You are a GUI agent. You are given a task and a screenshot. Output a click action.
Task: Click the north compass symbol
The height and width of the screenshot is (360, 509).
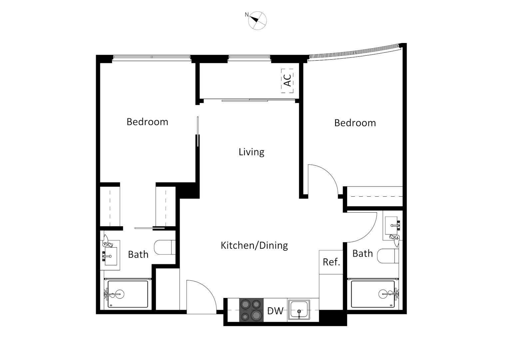(257, 21)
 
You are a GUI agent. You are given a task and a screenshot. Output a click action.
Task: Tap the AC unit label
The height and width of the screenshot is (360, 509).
(287, 80)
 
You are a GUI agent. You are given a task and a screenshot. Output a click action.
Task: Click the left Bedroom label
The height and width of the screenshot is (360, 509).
(147, 122)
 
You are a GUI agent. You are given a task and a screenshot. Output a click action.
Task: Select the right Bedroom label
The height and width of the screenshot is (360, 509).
(355, 123)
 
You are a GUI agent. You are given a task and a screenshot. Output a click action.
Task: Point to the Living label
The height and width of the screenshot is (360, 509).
(252, 152)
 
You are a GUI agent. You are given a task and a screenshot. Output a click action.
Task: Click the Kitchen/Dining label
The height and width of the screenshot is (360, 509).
(254, 245)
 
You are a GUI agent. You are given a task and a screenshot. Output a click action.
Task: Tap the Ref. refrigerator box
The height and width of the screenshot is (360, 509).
(331, 262)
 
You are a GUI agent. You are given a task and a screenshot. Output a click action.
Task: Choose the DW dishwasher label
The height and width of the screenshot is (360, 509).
(275, 311)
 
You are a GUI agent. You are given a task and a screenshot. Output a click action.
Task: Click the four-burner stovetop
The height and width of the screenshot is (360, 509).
(252, 310)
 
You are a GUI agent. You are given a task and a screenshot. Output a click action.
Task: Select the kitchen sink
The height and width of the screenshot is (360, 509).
(299, 310)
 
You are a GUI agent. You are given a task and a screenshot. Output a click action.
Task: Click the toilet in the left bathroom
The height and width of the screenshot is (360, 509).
(165, 247)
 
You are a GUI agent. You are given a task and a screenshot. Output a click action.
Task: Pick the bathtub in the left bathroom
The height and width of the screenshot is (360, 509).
(127, 294)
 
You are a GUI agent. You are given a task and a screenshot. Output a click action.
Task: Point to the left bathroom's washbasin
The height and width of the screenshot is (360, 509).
(111, 256)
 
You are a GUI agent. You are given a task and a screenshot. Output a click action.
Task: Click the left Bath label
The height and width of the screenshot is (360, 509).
(138, 254)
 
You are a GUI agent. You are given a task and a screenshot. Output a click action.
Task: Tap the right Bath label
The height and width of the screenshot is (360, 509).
(362, 253)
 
